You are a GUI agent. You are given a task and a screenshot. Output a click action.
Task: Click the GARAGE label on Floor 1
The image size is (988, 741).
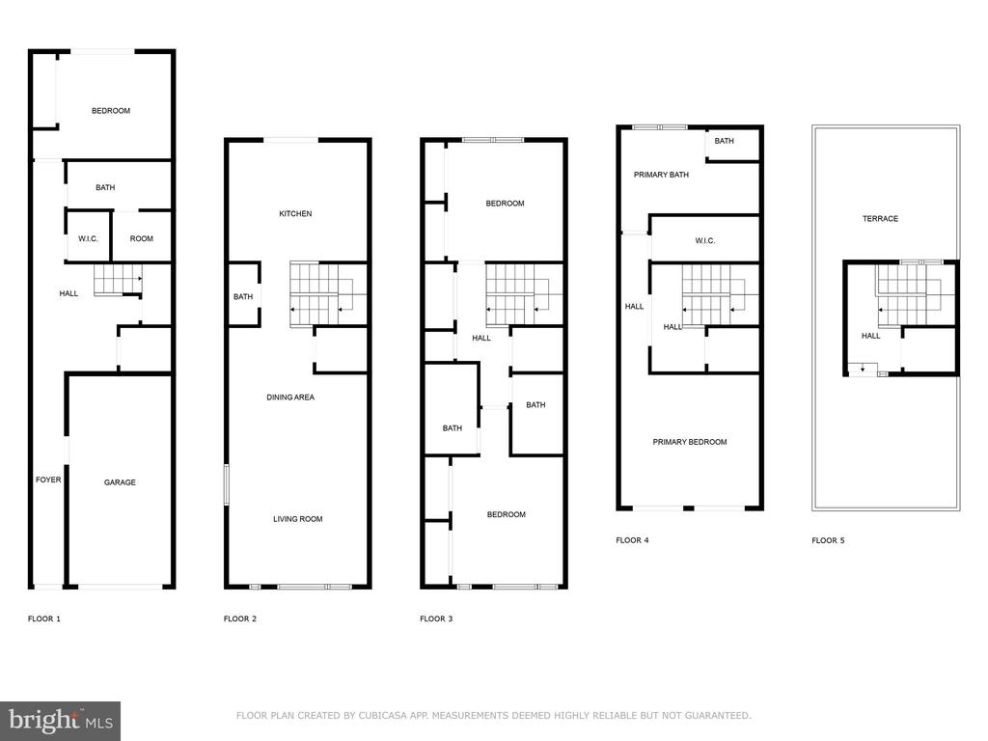coord(120,482)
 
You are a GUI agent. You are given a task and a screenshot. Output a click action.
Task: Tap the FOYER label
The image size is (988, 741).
coord(48,480)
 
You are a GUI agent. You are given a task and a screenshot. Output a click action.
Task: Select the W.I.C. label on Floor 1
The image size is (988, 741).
coord(88,238)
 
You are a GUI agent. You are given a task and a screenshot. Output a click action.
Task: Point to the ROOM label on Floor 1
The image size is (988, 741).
coord(142,238)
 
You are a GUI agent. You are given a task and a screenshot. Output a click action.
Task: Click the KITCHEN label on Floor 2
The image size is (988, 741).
coord(295,213)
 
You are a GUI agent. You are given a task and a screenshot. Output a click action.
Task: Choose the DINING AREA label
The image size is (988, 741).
coord(290,397)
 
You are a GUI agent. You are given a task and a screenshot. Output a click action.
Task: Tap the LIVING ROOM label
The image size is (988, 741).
coord(298,519)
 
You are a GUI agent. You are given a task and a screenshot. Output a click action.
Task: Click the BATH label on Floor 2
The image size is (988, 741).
coord(243,296)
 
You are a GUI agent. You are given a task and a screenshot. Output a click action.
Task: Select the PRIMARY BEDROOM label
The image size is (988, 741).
coord(690,442)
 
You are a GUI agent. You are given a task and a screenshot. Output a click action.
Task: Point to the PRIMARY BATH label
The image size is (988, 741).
coord(662,175)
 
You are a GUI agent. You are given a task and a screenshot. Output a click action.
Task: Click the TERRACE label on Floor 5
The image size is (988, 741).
coord(880,219)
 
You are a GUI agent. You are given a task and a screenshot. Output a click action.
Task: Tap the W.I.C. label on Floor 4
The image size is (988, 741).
coord(705,240)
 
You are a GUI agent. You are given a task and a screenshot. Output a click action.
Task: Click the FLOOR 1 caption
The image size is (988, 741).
coord(44,618)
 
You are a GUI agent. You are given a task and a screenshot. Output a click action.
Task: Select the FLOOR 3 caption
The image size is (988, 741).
coord(436,618)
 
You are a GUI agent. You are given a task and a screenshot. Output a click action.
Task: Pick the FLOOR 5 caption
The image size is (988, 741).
coord(828,540)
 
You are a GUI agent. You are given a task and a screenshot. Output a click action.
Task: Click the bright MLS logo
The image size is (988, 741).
coord(61,721)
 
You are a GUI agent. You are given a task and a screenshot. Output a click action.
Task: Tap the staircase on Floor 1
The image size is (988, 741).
coord(118,280)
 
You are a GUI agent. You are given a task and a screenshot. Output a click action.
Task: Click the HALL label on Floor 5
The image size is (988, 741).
coord(871,336)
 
